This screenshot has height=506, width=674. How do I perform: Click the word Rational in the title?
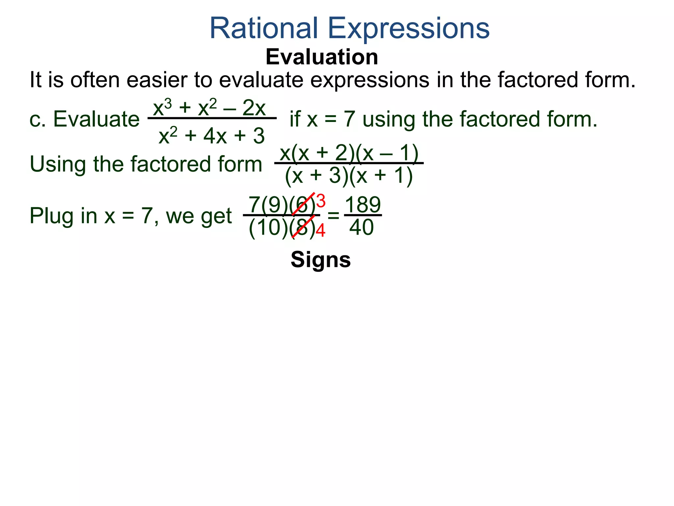click(x=263, y=28)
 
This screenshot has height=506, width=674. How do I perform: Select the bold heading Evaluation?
click(x=322, y=57)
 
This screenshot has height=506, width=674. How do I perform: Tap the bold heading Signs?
click(x=321, y=260)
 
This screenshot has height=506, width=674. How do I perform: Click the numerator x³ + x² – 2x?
click(x=209, y=108)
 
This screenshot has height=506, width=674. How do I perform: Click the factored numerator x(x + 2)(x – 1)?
click(x=349, y=153)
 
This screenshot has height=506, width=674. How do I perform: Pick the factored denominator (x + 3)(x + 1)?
click(x=349, y=175)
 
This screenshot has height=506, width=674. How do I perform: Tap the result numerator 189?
click(x=363, y=205)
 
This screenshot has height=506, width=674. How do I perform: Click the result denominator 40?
click(x=361, y=227)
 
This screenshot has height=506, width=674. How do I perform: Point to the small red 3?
click(x=321, y=201)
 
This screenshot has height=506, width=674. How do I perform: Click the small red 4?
click(x=321, y=231)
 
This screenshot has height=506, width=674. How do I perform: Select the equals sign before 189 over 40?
click(x=333, y=216)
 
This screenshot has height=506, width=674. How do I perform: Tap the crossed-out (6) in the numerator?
click(x=303, y=205)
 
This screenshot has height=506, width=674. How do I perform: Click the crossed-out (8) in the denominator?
click(x=303, y=228)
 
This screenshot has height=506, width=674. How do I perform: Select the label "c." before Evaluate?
click(x=37, y=119)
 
